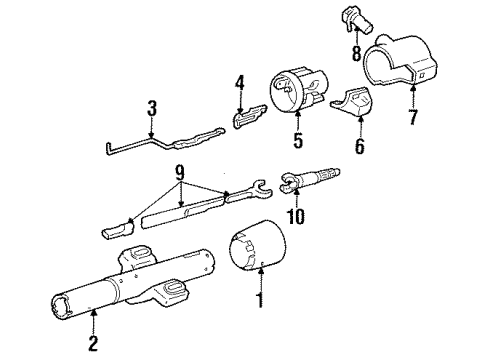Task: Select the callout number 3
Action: point(150,107)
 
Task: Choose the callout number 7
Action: point(414,119)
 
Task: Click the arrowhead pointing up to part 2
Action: point(95,316)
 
